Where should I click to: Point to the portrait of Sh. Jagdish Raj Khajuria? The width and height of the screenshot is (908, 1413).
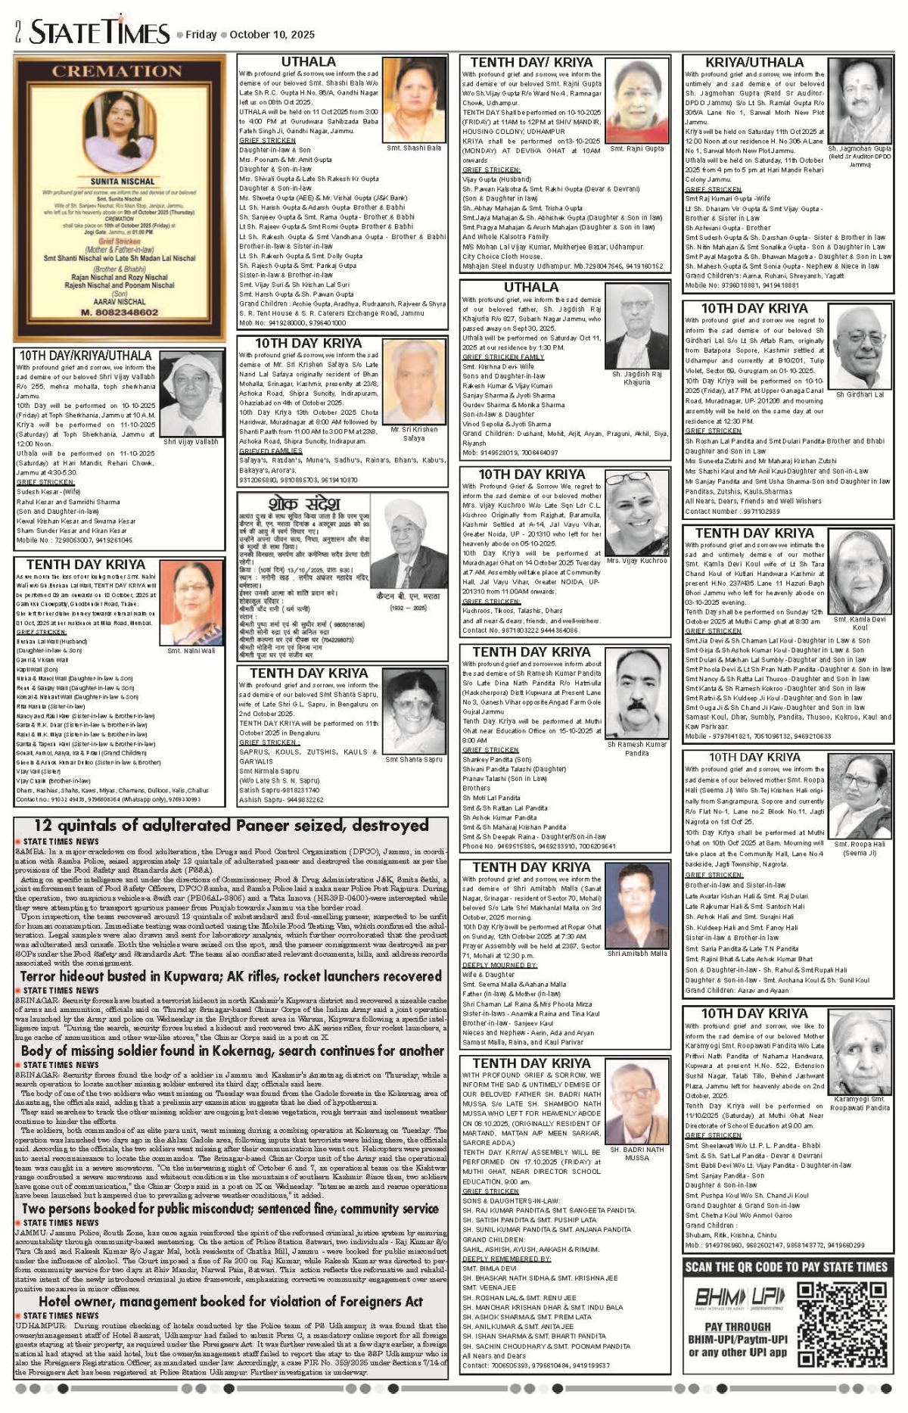637,334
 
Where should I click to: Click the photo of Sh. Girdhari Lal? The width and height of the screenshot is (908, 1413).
860,349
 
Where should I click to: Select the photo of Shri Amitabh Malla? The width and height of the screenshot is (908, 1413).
637,905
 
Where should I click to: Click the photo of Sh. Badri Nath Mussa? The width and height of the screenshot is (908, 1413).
636,1105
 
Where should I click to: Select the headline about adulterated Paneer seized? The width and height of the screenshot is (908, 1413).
231,825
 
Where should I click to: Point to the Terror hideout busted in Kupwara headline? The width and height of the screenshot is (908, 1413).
231,976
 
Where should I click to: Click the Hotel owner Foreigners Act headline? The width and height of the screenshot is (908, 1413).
231,1302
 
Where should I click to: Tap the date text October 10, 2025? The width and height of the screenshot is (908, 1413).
272,35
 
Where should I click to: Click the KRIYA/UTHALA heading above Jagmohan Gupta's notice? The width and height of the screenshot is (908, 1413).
754,62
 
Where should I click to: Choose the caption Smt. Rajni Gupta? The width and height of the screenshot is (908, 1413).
637,149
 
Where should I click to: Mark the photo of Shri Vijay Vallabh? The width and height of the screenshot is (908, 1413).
191,395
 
